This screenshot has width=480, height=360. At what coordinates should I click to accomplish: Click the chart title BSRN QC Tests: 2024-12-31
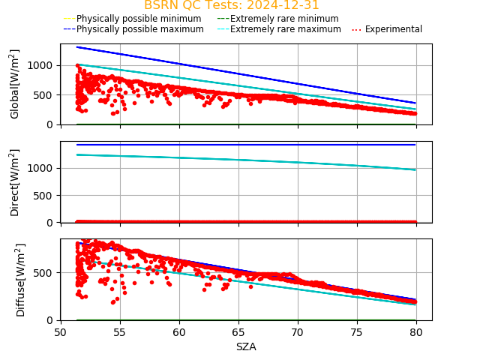click(x=231, y=5)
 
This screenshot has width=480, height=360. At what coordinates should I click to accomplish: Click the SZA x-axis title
click(x=246, y=346)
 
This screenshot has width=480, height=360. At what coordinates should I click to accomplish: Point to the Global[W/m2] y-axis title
click(x=15, y=84)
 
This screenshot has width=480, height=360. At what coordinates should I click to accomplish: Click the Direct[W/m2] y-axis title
click(x=15, y=182)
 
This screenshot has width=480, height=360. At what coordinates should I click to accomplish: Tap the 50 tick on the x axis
click(x=61, y=332)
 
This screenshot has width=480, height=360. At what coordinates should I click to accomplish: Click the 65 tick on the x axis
click(x=238, y=332)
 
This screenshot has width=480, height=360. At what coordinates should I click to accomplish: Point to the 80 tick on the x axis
click(x=416, y=332)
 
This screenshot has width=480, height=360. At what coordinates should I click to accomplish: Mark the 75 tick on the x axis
click(x=357, y=332)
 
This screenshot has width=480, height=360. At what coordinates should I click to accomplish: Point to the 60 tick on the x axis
click(x=179, y=332)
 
